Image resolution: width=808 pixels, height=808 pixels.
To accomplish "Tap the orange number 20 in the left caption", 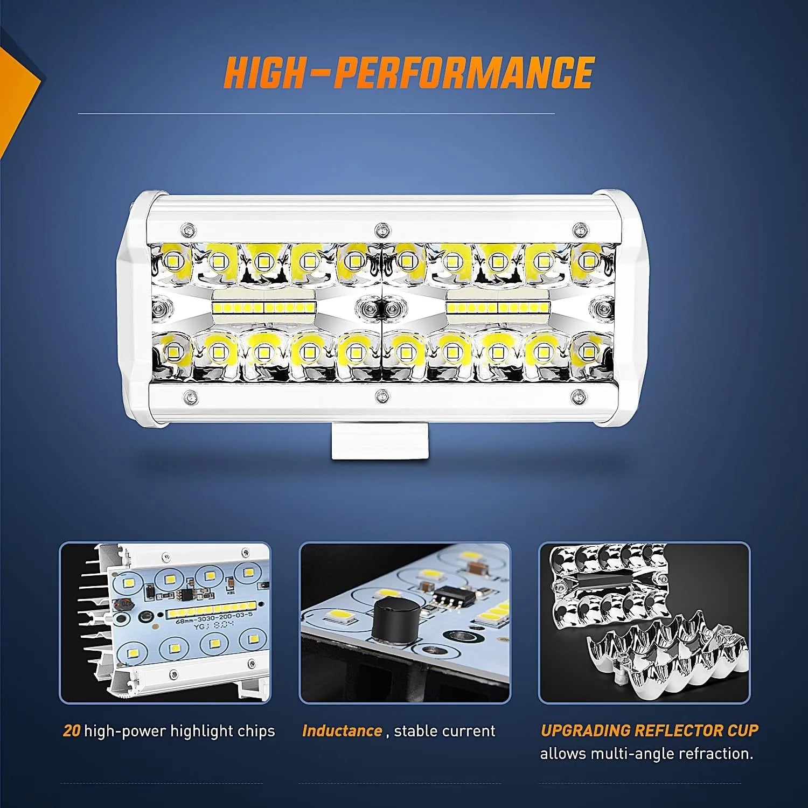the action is [72, 731].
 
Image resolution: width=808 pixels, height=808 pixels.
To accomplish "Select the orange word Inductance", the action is [342, 731].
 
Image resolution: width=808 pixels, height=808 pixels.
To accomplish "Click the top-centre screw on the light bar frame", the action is [382, 229].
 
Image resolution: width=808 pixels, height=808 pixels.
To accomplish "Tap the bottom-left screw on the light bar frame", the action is [189, 398].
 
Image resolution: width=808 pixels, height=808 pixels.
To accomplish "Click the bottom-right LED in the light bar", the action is [589, 352].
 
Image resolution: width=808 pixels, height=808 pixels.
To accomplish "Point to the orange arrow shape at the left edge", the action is [19, 102].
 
